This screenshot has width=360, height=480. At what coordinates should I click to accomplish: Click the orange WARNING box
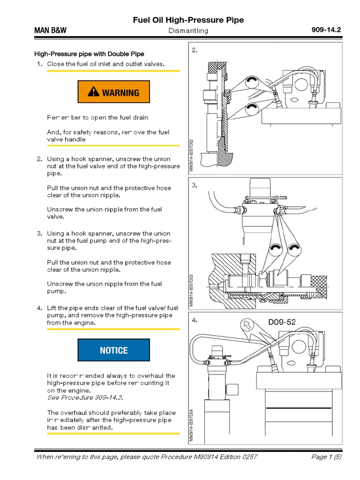coord(113,92)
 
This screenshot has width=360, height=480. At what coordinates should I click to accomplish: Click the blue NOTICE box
coord(113,350)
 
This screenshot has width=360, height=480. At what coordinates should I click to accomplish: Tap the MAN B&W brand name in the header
coord(50,30)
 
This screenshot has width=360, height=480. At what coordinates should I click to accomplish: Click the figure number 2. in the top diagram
coord(195,50)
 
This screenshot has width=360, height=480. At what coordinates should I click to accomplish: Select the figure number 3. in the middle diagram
coord(195,186)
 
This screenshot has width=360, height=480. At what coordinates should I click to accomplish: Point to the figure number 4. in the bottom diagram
coord(195,321)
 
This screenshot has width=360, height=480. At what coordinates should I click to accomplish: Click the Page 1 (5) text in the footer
coord(327,457)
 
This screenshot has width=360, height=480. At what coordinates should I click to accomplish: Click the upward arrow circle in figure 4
coord(246,324)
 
